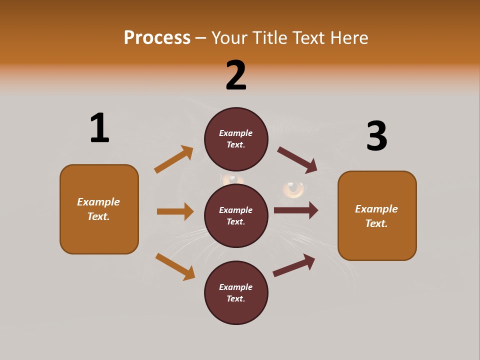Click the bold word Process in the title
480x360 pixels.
[x=157, y=38]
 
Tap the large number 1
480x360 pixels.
[x=99, y=128]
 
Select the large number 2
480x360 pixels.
[x=236, y=75]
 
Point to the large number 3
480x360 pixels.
[x=376, y=136]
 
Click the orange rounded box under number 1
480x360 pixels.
[x=99, y=209]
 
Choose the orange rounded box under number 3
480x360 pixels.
[x=377, y=215]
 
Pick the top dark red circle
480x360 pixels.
[x=236, y=139]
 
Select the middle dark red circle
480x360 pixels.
[x=236, y=215]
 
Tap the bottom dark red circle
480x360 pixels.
[x=236, y=292]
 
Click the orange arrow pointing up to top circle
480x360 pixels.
[x=174, y=159]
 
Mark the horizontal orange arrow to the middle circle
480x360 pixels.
[x=175, y=211]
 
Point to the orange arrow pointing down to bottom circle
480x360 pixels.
[x=175, y=266]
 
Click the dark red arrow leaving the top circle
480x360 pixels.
[x=297, y=160]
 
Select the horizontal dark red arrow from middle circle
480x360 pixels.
[x=296, y=210]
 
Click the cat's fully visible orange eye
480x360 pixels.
[x=293, y=188]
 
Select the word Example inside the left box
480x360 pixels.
[x=98, y=202]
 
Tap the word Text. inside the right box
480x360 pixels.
[x=376, y=223]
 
